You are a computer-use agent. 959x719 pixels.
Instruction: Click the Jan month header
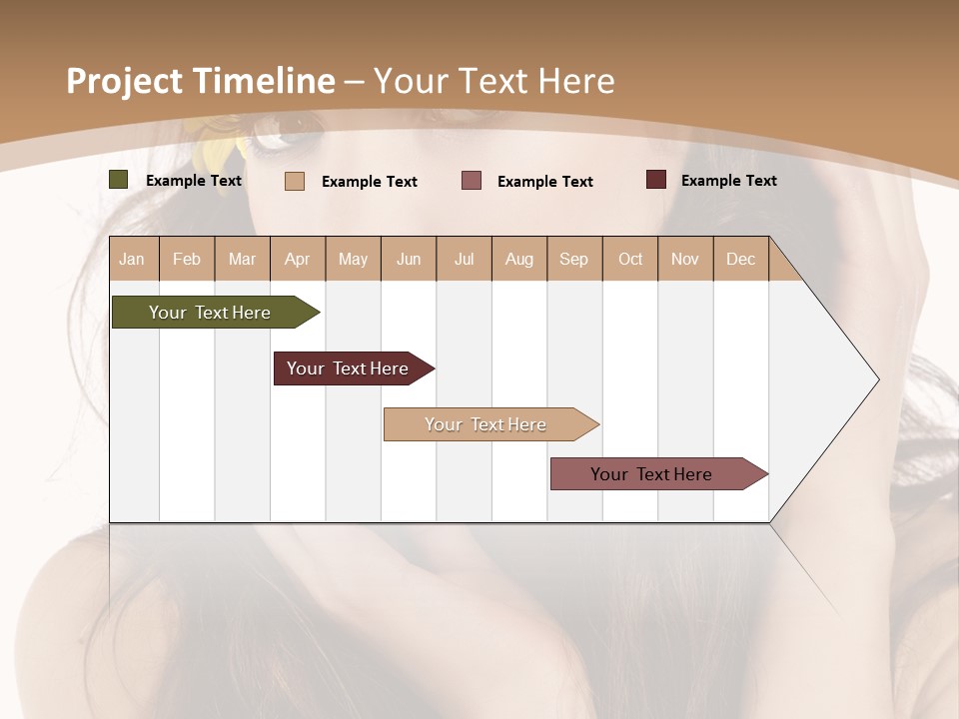[x=132, y=259]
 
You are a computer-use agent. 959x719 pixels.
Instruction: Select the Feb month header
[x=187, y=259]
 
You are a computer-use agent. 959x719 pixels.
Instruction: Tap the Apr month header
[x=297, y=259]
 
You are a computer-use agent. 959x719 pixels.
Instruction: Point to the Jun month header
[x=409, y=259]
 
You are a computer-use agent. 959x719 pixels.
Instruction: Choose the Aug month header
[x=519, y=259]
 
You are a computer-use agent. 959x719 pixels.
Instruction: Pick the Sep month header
[x=573, y=259]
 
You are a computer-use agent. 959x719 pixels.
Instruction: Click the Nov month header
[x=685, y=259]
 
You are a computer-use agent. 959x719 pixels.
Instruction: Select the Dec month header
[x=740, y=259]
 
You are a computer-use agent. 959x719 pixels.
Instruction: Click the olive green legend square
[x=119, y=180]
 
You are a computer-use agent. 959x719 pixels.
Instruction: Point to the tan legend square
[x=295, y=181]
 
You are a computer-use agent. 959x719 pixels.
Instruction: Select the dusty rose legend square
[x=472, y=181]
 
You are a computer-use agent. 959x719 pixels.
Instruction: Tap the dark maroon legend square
[x=656, y=180]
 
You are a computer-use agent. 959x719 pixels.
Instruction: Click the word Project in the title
[x=124, y=81]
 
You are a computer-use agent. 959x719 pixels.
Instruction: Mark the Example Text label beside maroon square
[x=728, y=180]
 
